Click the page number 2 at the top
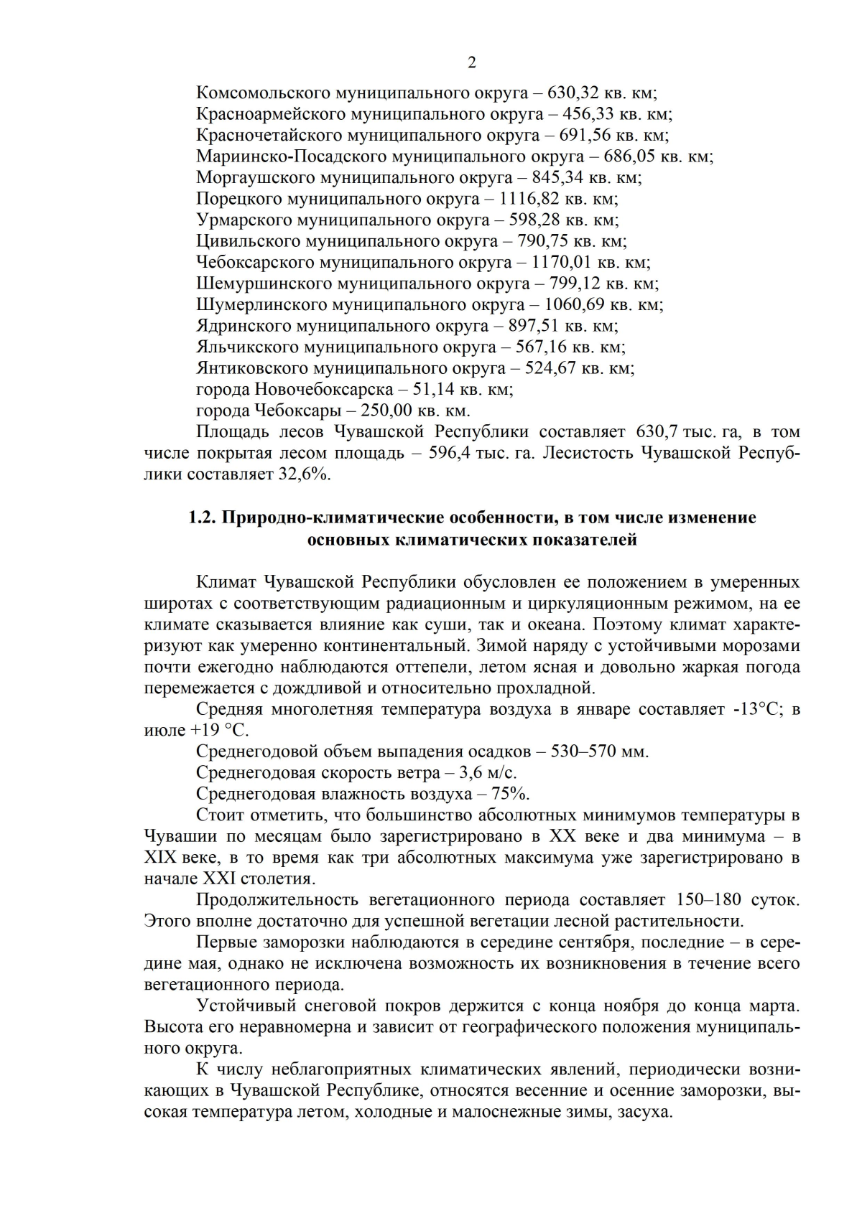pos(472,63)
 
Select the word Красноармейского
pos(261,114)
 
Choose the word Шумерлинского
pos(261,304)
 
